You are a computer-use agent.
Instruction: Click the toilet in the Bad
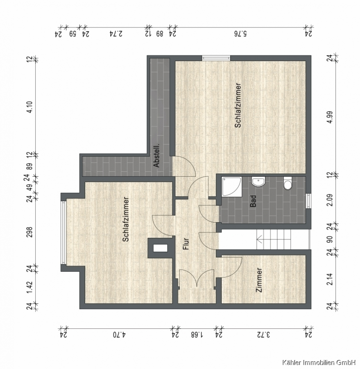tap(288, 183)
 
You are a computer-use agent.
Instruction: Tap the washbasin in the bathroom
tap(258, 182)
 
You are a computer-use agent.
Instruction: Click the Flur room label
tap(186, 244)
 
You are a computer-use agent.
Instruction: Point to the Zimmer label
tap(259, 280)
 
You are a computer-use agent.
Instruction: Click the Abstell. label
tap(156, 155)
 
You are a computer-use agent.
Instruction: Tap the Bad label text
tap(253, 201)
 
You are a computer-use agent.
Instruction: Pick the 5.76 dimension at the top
tap(240, 34)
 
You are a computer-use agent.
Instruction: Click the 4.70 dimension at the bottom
tap(120, 335)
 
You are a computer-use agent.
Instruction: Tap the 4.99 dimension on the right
tap(330, 117)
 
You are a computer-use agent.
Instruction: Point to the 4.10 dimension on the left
tap(30, 107)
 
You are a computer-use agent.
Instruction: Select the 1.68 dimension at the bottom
tap(197, 335)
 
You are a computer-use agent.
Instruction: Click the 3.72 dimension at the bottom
tap(264, 335)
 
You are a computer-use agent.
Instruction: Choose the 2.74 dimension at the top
tap(116, 34)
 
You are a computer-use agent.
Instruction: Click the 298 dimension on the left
tap(30, 232)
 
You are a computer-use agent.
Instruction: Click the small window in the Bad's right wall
tap(308, 201)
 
